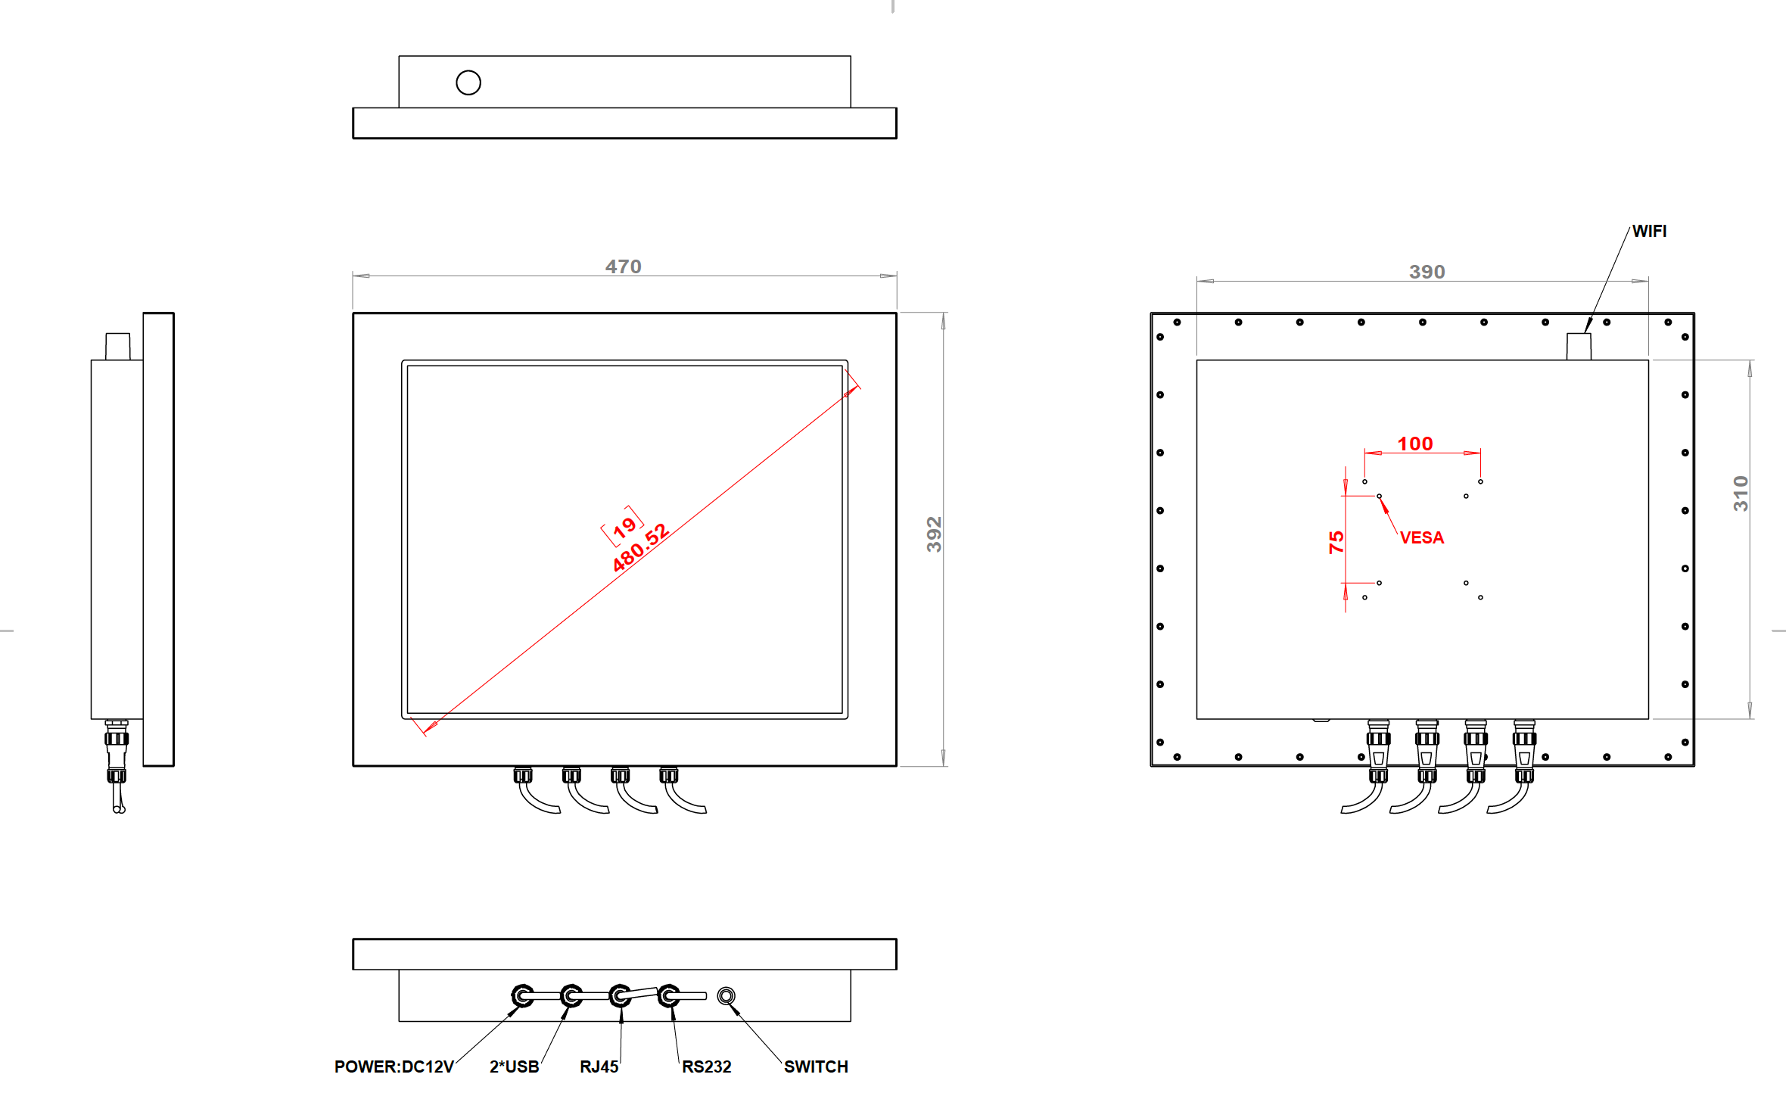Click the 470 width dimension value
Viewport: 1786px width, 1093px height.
(623, 266)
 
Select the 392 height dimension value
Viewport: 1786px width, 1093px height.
(935, 534)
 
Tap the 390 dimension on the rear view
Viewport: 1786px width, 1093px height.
(1427, 272)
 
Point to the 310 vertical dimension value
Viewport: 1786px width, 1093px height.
(1741, 494)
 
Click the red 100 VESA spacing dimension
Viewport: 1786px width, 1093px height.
(1414, 444)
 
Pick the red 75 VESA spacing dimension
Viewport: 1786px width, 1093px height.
(1336, 542)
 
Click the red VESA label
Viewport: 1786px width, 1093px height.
(1421, 537)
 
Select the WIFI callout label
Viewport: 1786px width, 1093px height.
(1649, 231)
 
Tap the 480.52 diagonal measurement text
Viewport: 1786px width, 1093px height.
(640, 547)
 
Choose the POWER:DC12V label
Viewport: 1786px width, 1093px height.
(394, 1067)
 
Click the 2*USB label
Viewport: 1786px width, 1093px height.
(514, 1067)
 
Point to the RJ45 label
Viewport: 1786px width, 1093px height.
(599, 1067)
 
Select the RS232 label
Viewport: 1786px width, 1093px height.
(706, 1067)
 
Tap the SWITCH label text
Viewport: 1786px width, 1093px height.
(816, 1067)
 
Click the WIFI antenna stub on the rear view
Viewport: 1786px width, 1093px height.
(1579, 347)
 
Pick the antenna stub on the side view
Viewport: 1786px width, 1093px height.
(118, 347)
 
